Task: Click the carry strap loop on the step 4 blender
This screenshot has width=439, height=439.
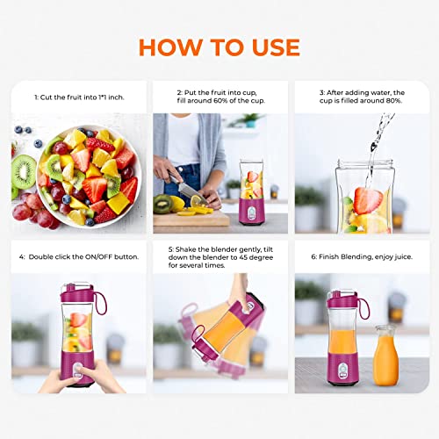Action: coord(103,299)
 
